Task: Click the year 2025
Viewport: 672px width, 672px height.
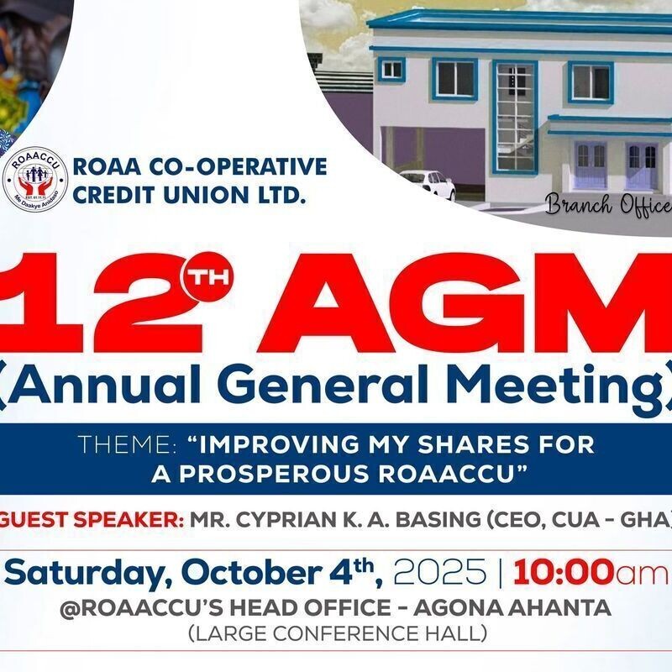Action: coord(439,575)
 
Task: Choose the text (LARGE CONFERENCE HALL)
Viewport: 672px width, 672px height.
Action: coord(338,632)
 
